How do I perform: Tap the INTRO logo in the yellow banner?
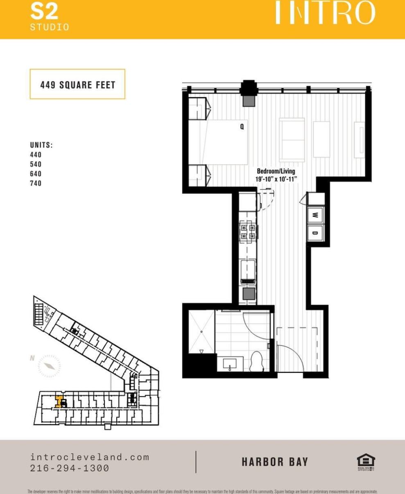pyautogui.click(x=325, y=13)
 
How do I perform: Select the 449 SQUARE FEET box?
pyautogui.click(x=77, y=84)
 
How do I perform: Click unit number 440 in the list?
pyautogui.click(x=36, y=155)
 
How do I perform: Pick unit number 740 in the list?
pyautogui.click(x=36, y=183)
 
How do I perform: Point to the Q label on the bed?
pyautogui.click(x=242, y=127)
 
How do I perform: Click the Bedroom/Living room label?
pyautogui.click(x=276, y=171)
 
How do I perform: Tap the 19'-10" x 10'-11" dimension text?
pyautogui.click(x=276, y=179)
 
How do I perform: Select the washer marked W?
pyautogui.click(x=315, y=215)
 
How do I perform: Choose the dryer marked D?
pyautogui.click(x=315, y=233)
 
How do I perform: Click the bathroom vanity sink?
pyautogui.click(x=233, y=363)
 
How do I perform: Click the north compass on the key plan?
pyautogui.click(x=49, y=366)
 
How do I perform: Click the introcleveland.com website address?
pyautogui.click(x=90, y=457)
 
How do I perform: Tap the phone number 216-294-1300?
pyautogui.click(x=70, y=468)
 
